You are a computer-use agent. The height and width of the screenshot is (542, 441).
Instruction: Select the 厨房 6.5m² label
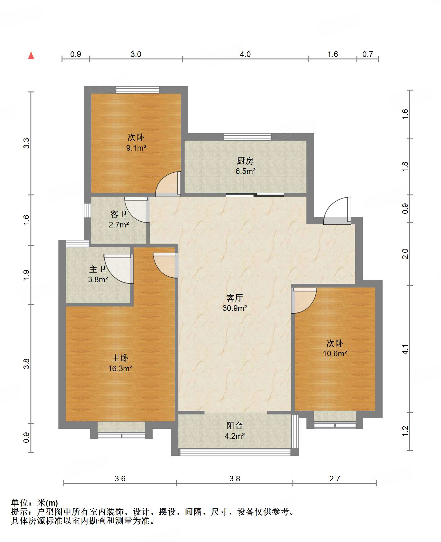(x=245, y=166)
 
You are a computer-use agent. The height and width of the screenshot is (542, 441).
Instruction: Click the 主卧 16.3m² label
(x=120, y=363)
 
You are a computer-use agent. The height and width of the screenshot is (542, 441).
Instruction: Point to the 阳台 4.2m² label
(x=235, y=431)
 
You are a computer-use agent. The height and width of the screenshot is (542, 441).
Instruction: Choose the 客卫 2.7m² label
(x=119, y=219)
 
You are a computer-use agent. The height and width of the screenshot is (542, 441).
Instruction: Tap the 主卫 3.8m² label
(x=98, y=274)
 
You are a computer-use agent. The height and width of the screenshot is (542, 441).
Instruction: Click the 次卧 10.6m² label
(x=335, y=348)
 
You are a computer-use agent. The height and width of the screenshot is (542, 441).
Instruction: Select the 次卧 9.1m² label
(x=136, y=143)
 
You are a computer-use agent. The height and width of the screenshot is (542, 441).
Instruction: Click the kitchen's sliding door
(x=255, y=195)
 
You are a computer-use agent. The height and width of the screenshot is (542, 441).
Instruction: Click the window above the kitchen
(x=247, y=137)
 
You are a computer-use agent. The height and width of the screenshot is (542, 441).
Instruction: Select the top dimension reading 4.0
(x=245, y=54)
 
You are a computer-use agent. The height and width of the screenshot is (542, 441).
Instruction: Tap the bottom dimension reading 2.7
(x=335, y=479)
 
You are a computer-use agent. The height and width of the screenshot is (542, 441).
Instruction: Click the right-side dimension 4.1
(x=405, y=349)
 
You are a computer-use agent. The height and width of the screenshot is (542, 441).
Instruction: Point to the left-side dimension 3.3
(x=26, y=143)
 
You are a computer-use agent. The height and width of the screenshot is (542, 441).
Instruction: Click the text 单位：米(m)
(x=34, y=502)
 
